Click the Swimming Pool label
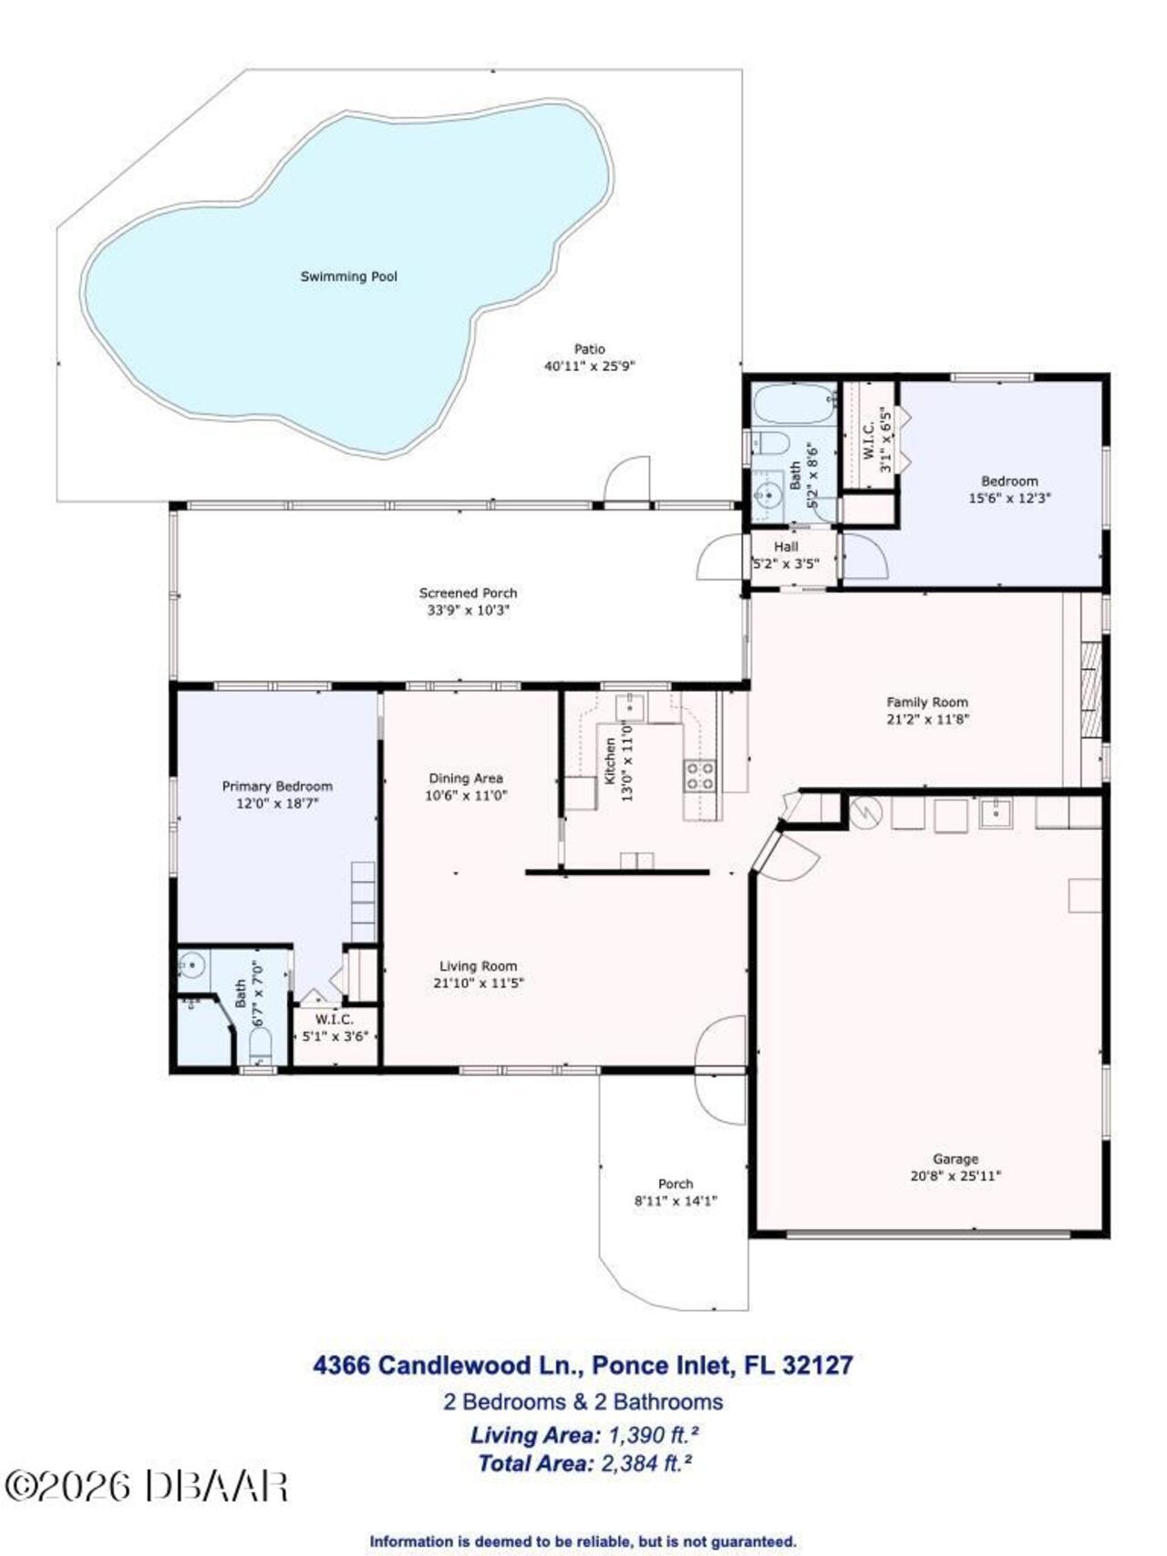click(x=349, y=276)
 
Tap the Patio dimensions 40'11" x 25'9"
click(x=589, y=366)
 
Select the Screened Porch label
click(x=468, y=593)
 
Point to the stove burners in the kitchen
click(x=700, y=775)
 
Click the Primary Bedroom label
click(x=277, y=786)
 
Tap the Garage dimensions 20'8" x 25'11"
click(x=955, y=1176)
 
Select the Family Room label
click(x=927, y=702)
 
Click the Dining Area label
click(x=466, y=778)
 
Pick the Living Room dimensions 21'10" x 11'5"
click(x=479, y=983)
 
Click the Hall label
click(x=786, y=546)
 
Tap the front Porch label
click(x=676, y=1183)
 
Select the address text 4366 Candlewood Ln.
click(x=447, y=1365)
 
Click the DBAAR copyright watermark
click(x=146, y=1487)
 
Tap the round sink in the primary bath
click(x=191, y=963)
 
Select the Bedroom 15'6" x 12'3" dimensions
click(x=1009, y=499)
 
